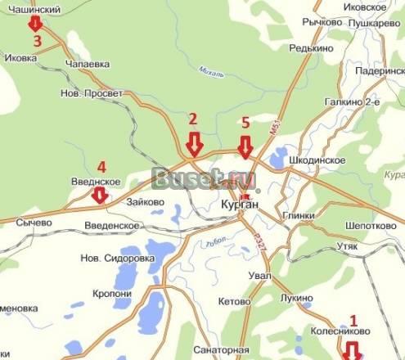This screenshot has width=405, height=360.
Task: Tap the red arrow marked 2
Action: coord(194,145)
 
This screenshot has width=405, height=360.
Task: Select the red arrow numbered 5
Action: coord(245,146)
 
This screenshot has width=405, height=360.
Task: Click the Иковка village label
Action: coord(23,59)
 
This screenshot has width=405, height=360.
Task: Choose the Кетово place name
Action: coord(235,301)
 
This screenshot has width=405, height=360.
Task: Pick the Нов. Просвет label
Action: coord(92,94)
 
